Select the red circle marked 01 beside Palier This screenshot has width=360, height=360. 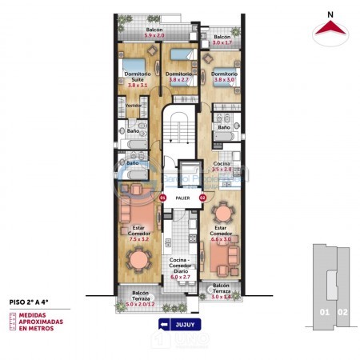tap(162, 197)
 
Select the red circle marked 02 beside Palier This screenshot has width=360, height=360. tap(202, 197)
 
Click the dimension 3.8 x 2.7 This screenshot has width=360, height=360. tap(178, 80)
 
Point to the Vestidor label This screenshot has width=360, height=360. tap(133, 104)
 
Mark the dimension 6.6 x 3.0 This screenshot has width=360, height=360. tap(222, 238)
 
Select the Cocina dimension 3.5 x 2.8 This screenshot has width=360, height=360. tap(222, 170)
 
